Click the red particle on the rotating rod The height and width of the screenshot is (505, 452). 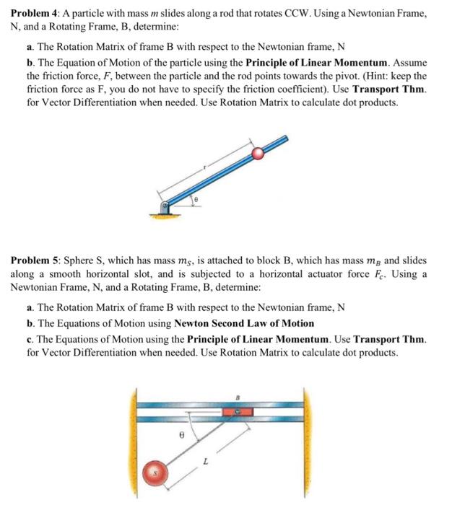(258, 152)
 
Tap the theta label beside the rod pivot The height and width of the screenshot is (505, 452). (194, 197)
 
